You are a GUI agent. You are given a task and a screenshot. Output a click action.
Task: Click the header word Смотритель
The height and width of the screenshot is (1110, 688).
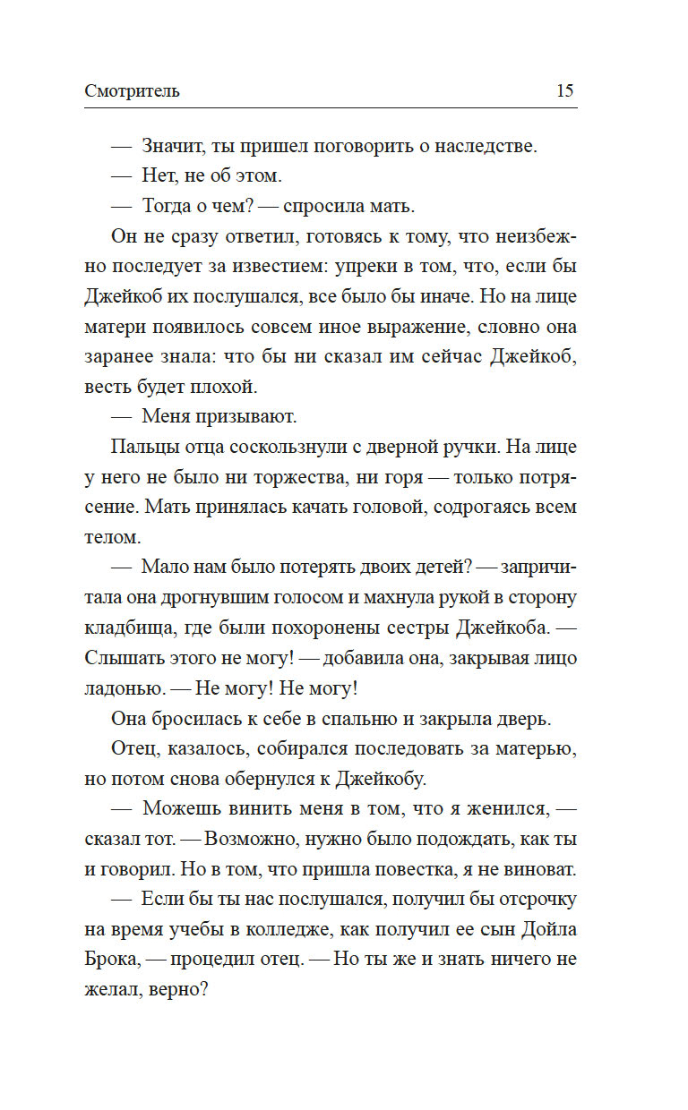133,90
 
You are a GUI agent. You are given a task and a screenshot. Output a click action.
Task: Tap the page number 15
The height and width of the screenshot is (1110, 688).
564,90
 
